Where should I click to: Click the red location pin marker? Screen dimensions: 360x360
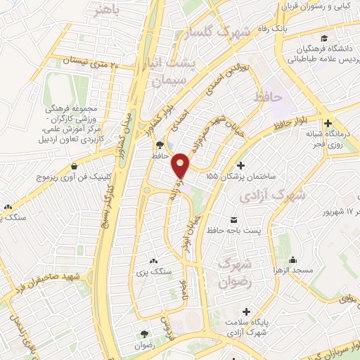tap(181, 165)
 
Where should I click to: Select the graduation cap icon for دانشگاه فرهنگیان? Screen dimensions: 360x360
tap(323, 38)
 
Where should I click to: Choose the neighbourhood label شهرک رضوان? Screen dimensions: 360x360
tap(234, 272)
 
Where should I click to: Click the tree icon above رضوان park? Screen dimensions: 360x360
tap(145, 335)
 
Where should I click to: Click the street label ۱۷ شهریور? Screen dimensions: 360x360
tap(337, 211)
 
